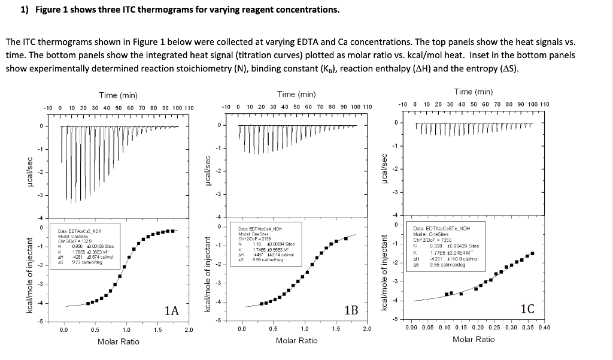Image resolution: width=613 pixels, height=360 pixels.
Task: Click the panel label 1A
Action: [172, 310]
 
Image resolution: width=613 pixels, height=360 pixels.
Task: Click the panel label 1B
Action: [351, 310]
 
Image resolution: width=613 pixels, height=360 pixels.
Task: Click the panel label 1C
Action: [527, 309]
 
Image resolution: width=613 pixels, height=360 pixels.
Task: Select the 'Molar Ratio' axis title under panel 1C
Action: [474, 340]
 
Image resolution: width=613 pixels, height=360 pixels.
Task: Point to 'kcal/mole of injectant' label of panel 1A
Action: [29, 274]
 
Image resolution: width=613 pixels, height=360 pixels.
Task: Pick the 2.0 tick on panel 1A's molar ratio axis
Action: [189, 329]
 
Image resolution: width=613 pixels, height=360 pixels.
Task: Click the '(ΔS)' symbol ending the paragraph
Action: [509, 68]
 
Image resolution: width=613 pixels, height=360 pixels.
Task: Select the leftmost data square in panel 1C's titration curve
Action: [447, 294]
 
